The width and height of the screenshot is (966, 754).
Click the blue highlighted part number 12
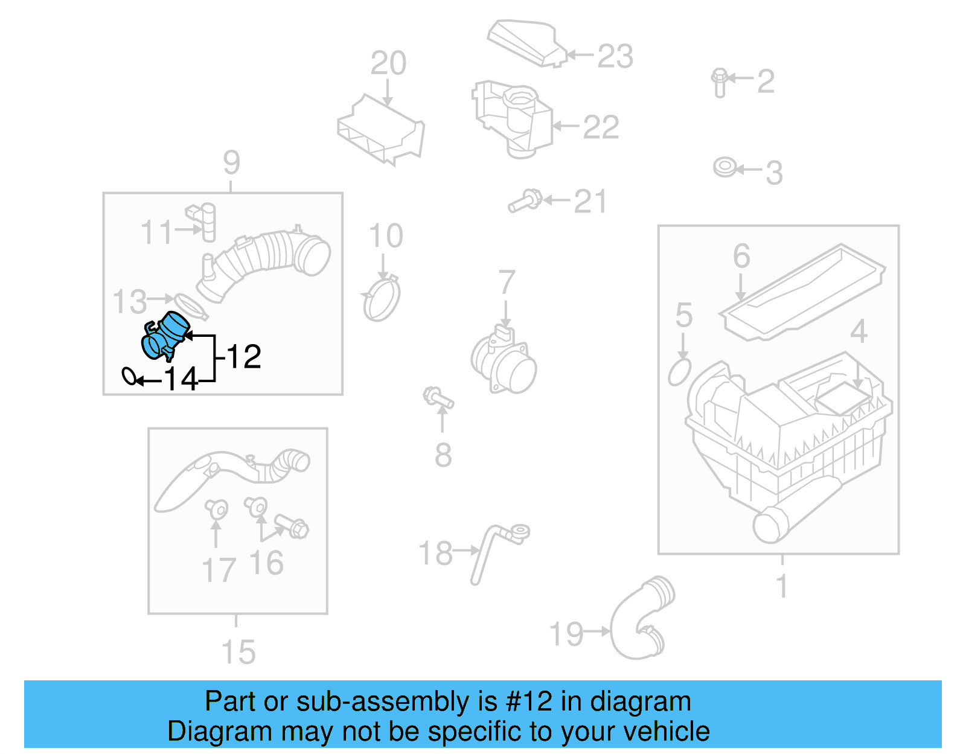click(x=165, y=336)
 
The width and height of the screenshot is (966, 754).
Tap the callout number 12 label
click(x=244, y=357)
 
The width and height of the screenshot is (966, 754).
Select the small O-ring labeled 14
click(x=129, y=376)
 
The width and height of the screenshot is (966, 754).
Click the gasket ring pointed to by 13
click(x=191, y=306)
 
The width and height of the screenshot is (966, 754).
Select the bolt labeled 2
click(x=719, y=82)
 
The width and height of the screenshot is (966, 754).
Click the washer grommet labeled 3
click(x=724, y=167)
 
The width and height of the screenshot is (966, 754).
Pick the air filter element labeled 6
click(x=803, y=292)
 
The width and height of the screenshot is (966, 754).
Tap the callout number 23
click(x=615, y=56)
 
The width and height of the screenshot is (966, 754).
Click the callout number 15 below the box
click(x=238, y=653)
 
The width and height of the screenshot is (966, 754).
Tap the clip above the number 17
click(x=216, y=509)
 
